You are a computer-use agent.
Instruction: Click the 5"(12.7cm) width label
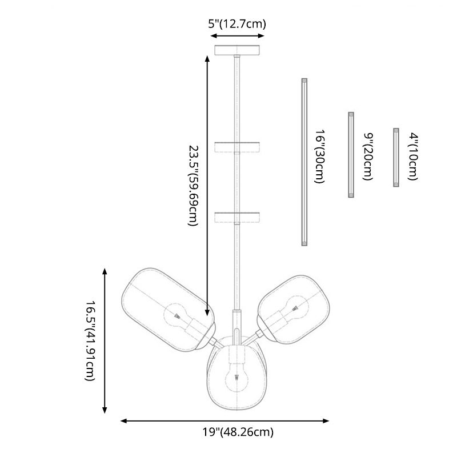pos(236,24)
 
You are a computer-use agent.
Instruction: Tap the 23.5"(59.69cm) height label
pos(193,186)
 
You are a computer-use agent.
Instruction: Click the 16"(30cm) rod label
pos(320,156)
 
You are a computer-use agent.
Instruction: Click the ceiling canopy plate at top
pos(239,50)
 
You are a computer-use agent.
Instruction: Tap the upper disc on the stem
pos(236,147)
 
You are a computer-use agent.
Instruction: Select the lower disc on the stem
pos(236,218)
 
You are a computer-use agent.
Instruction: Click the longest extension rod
pos(304,162)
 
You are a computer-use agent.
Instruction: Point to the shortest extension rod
pos(395,158)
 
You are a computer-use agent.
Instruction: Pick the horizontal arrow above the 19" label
pos(226,421)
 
